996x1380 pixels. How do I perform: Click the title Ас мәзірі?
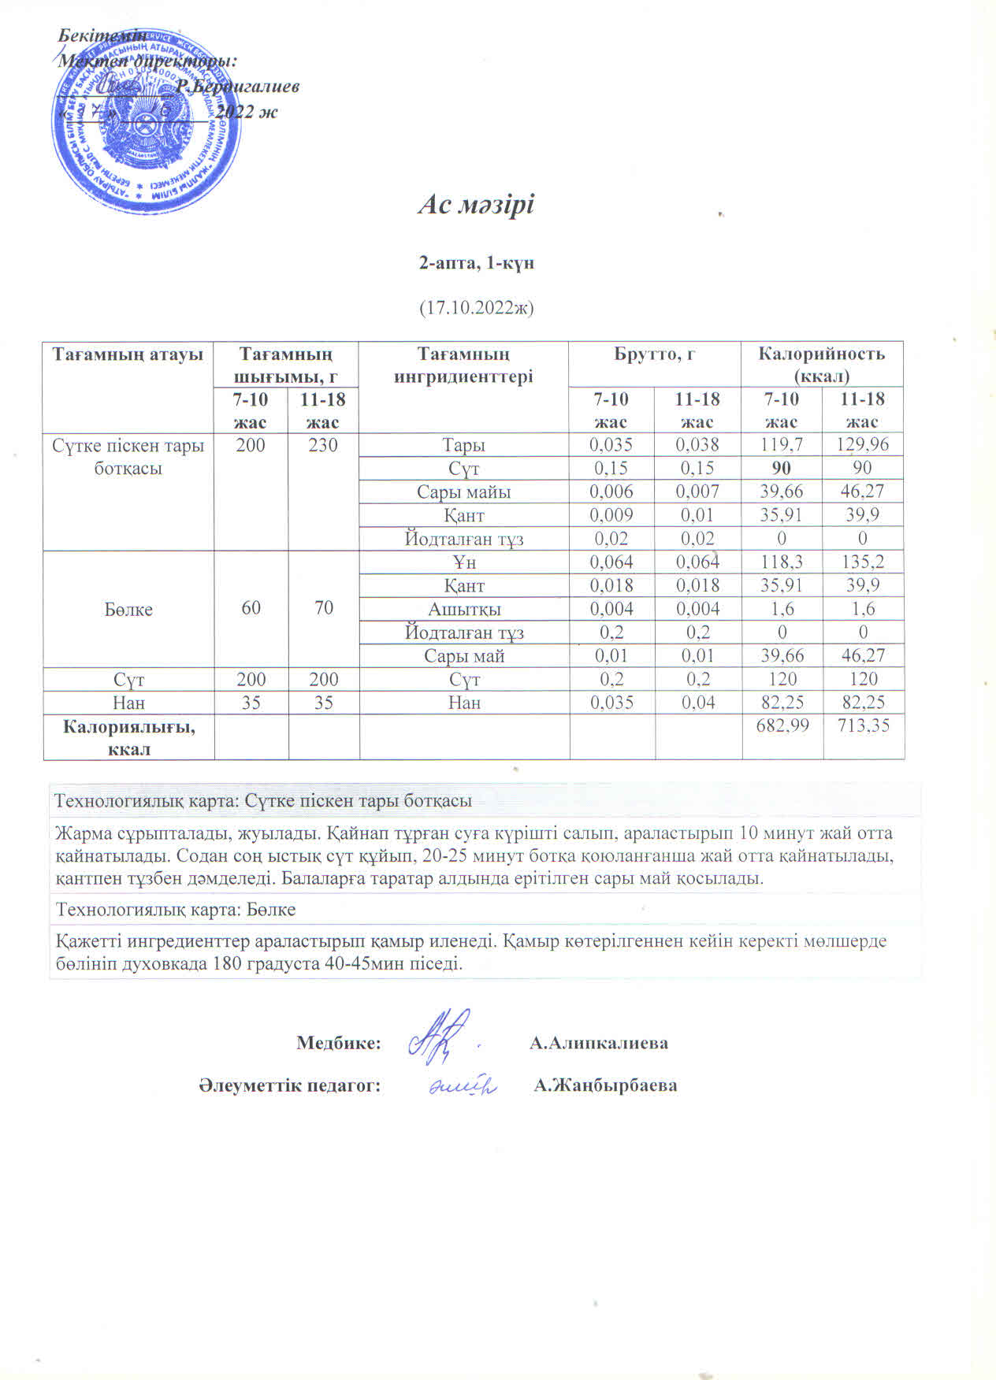tap(476, 205)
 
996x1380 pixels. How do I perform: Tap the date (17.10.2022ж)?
tap(476, 307)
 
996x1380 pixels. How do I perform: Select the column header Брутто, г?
tap(654, 354)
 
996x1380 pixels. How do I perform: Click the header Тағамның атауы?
tap(128, 354)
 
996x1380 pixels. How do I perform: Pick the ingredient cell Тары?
tap(463, 445)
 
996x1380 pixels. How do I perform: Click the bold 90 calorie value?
tap(781, 468)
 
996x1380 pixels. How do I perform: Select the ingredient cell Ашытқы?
tap(463, 609)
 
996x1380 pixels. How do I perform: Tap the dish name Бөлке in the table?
tap(128, 610)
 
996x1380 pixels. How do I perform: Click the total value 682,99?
tap(782, 725)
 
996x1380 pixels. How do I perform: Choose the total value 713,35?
tap(863, 725)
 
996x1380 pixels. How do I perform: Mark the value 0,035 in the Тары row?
tap(611, 445)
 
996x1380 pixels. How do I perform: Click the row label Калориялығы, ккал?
tap(128, 737)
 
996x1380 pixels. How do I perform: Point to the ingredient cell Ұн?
tap(463, 562)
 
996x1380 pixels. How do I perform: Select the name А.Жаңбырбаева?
tap(605, 1085)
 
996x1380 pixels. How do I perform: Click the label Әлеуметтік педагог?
tap(289, 1085)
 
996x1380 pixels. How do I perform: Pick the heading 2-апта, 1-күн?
tap(476, 263)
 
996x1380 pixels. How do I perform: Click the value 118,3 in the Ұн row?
tap(781, 562)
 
